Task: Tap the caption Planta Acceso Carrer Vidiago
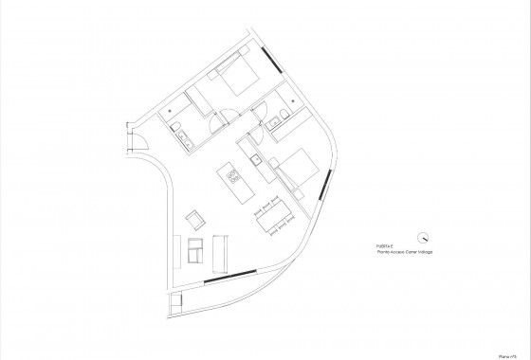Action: pyautogui.click(x=403, y=254)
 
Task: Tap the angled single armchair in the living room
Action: pyautogui.click(x=196, y=219)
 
